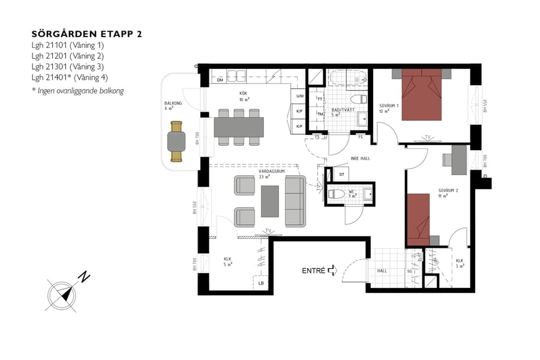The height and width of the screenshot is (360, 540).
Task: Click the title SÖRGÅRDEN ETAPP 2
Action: tap(86, 34)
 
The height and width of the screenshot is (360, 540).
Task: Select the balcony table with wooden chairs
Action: tap(176, 142)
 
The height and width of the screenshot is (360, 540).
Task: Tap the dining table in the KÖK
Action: tap(238, 127)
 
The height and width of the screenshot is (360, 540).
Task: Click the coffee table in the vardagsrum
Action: tap(269, 201)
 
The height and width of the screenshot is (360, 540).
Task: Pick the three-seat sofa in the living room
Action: tap(295, 201)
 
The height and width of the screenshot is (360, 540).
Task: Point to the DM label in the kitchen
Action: tap(220, 80)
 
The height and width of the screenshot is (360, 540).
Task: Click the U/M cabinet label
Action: tap(299, 96)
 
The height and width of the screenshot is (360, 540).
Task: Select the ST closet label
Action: tap(341, 174)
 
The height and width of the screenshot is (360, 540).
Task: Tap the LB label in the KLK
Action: tap(261, 283)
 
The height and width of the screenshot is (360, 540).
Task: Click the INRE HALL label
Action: tap(359, 159)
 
